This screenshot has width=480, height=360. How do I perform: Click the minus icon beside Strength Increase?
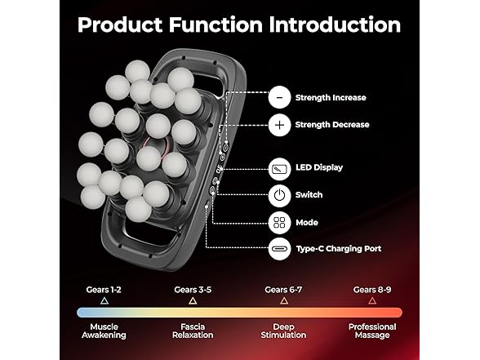click(x=279, y=97)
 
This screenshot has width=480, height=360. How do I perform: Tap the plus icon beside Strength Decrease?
click(x=279, y=125)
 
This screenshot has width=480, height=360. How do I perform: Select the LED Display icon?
click(x=279, y=169)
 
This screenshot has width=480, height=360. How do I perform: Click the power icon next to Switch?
click(x=279, y=195)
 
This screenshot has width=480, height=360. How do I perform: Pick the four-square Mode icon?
click(x=279, y=223)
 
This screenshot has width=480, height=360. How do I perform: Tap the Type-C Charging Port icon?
click(x=279, y=248)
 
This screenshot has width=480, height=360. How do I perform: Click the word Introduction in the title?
click(x=335, y=24)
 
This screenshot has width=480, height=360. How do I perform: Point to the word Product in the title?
click(x=120, y=24)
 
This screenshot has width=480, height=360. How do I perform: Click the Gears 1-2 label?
click(x=104, y=290)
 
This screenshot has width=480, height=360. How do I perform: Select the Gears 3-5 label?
click(x=193, y=290)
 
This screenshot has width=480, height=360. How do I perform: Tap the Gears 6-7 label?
click(x=283, y=290)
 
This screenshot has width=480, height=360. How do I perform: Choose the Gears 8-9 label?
click(x=372, y=290)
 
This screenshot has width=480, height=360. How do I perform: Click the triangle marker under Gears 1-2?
click(x=104, y=302)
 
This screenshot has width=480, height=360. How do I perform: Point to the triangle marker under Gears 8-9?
click(x=372, y=302)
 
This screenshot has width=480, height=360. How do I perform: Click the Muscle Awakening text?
click(x=104, y=331)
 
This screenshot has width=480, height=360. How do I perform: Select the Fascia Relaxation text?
click(x=193, y=331)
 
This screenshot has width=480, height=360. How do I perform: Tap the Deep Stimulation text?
click(x=283, y=331)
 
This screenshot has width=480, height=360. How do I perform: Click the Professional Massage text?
click(x=372, y=331)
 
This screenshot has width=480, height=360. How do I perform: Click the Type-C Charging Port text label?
click(x=339, y=249)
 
